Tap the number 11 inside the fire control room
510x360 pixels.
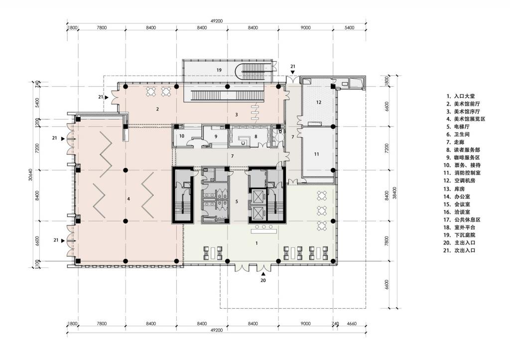[x=316, y=154]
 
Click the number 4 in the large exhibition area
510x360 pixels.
[x=128, y=199]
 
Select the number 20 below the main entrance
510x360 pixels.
[x=263, y=280]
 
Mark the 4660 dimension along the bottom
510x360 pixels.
[x=351, y=324]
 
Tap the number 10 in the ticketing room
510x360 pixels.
[x=182, y=136]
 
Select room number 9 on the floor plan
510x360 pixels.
[x=216, y=136]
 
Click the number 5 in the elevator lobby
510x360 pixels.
[x=237, y=202]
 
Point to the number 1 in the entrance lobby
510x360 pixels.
[x=256, y=243]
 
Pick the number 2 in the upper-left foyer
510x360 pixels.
[x=157, y=109]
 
